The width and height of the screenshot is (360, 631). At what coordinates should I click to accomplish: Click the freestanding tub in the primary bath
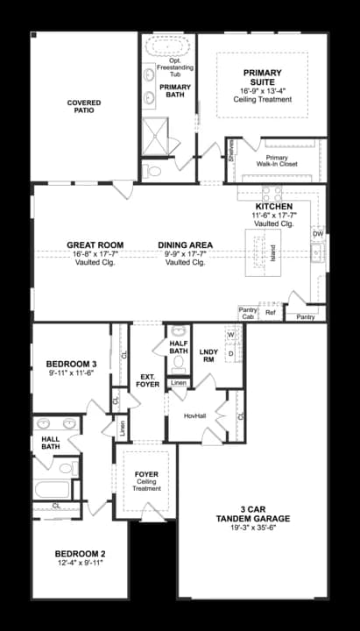[x=167, y=46]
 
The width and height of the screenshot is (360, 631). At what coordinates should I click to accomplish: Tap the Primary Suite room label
[x=262, y=77]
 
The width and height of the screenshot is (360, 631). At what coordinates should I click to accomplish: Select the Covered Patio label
[x=84, y=106]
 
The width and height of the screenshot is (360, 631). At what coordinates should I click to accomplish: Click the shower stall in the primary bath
[x=155, y=137]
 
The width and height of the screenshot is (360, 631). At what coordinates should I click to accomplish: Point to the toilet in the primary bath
[x=152, y=172]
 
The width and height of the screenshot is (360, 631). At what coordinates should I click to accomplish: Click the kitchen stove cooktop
[x=272, y=194]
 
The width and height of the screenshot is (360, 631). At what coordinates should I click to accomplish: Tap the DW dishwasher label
[x=318, y=234]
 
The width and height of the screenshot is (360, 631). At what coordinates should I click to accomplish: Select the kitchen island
[x=264, y=252]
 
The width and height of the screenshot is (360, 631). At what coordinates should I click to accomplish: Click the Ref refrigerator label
[x=271, y=312]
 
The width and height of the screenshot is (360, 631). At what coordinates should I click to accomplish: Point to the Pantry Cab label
[x=248, y=313]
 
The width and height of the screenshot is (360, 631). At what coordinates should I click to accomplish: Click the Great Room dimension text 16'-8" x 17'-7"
[x=95, y=254]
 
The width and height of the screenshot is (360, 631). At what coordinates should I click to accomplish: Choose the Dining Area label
[x=186, y=245]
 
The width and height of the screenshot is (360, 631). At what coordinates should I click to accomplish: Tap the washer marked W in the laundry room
[x=231, y=335]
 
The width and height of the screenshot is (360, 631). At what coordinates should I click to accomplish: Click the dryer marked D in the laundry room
[x=231, y=353]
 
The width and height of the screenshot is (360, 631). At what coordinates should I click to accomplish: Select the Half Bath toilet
[x=178, y=365]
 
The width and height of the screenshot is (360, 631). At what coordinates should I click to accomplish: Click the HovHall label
[x=195, y=415]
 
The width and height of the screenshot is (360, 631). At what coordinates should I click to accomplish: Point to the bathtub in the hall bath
[x=53, y=489]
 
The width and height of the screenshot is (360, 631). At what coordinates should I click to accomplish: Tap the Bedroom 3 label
[x=71, y=365]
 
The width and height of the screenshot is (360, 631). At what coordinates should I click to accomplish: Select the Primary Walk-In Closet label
[x=277, y=160]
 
